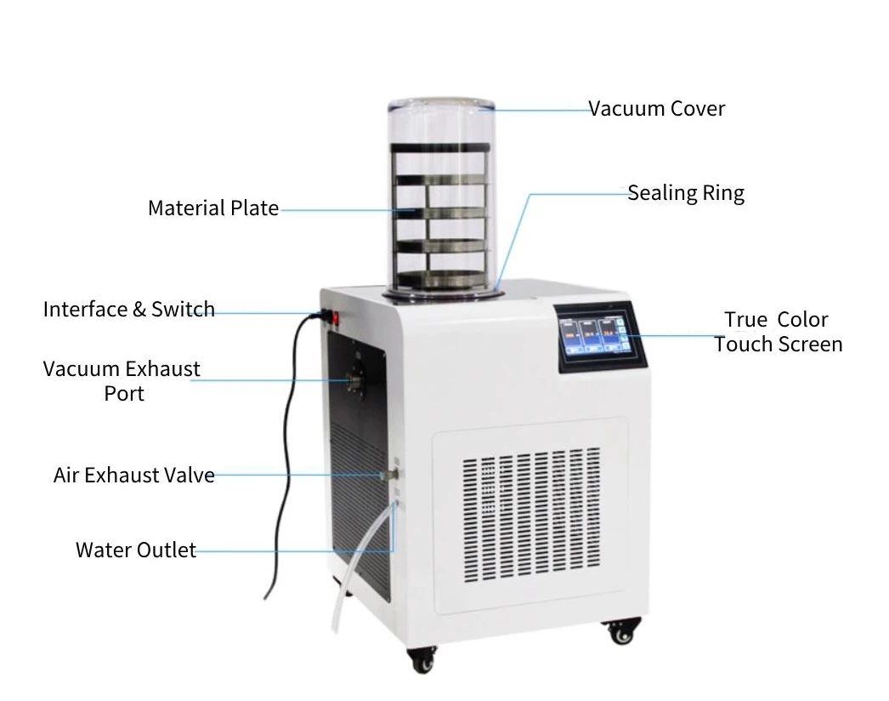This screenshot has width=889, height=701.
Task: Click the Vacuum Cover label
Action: coord(657,109)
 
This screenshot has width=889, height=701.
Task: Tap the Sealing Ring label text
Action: coord(686,193)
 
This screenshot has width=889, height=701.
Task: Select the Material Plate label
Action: coord(212,208)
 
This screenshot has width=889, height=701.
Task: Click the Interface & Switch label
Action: coord(128,309)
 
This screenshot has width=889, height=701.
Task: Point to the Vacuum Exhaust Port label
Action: coord(122,380)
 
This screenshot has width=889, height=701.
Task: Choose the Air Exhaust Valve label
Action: coord(133,475)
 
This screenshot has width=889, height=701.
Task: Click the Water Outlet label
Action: coord(135,550)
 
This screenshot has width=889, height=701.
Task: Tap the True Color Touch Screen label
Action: coord(778,332)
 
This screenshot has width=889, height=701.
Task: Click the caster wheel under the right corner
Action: coord(622,631)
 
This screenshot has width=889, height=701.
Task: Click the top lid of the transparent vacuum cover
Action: coord(441,108)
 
